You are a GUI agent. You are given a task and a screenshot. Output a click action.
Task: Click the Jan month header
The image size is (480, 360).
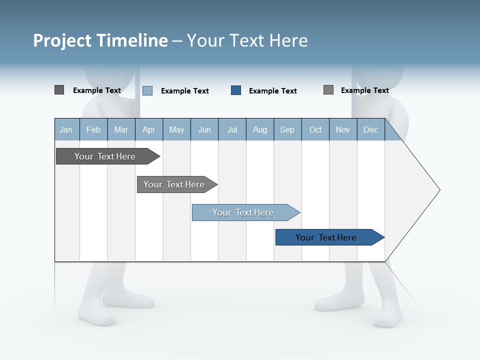point(66,130)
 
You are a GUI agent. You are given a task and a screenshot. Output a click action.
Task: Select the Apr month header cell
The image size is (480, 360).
point(148,130)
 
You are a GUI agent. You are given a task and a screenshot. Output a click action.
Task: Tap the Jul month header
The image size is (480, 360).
point(232,130)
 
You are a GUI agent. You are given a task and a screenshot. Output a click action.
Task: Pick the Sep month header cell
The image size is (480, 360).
point(287,130)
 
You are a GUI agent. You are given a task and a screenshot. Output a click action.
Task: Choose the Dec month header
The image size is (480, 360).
point(370,130)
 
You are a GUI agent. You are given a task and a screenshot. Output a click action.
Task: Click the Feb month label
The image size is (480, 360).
point(93,130)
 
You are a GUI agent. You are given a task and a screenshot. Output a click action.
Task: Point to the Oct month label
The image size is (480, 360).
point(315,130)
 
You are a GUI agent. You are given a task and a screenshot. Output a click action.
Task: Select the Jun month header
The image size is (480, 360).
point(204,130)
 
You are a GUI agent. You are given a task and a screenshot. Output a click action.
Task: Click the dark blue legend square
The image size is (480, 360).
point(236,90)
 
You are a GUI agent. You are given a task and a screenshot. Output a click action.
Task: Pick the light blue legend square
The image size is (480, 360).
point(147,90)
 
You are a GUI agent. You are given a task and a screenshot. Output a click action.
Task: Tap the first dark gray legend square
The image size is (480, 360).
point(59,90)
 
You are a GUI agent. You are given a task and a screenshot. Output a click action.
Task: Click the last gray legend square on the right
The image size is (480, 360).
point(328,90)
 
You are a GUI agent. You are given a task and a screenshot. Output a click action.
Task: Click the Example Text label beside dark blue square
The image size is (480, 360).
point(272,91)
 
